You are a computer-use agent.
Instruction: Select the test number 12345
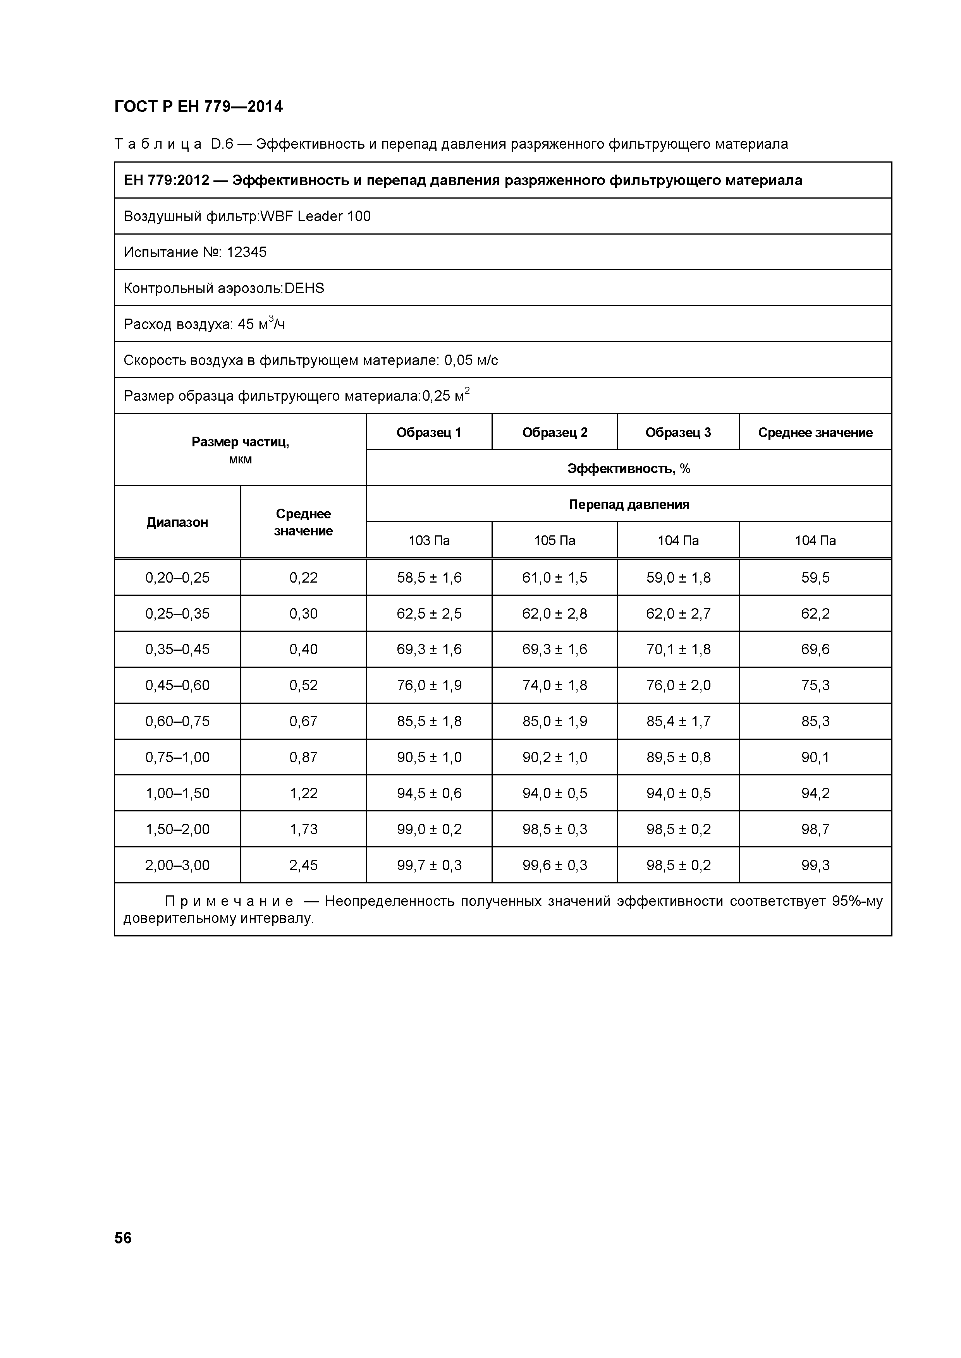[x=246, y=252]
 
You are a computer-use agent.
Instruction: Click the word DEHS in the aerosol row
[x=304, y=289]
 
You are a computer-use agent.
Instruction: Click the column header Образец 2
[x=554, y=432]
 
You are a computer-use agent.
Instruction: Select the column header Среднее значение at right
[x=815, y=432]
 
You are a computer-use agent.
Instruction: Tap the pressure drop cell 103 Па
[x=429, y=540]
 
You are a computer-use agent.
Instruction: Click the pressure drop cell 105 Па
[x=554, y=540]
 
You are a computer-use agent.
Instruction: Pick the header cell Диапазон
[x=177, y=522]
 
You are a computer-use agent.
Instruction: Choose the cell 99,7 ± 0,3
[x=429, y=865]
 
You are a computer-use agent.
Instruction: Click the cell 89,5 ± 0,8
[x=678, y=758]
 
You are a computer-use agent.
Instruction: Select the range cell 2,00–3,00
[x=177, y=865]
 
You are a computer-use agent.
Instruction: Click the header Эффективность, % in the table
[x=628, y=468]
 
